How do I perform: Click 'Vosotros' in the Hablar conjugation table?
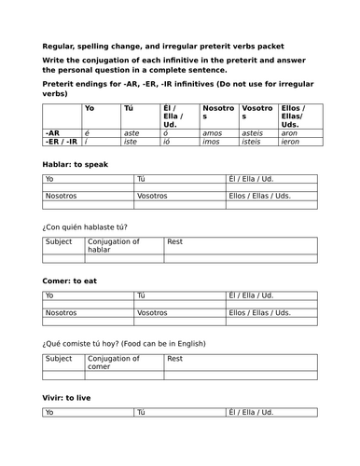pyautogui.click(x=153, y=195)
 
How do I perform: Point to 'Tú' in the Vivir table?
pyautogui.click(x=142, y=412)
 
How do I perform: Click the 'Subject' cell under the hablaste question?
pyautogui.click(x=59, y=240)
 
